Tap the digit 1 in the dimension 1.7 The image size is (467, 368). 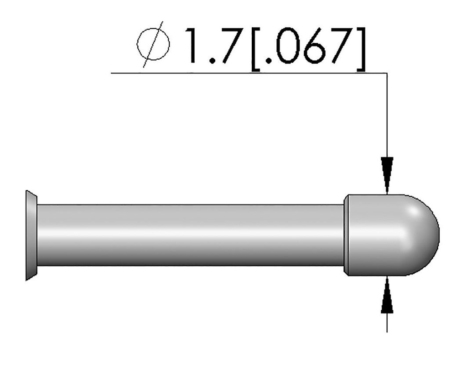(191, 46)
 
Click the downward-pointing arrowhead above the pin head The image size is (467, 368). (387, 175)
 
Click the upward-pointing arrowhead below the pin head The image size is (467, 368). (387, 296)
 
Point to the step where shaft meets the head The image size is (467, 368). (345, 235)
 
